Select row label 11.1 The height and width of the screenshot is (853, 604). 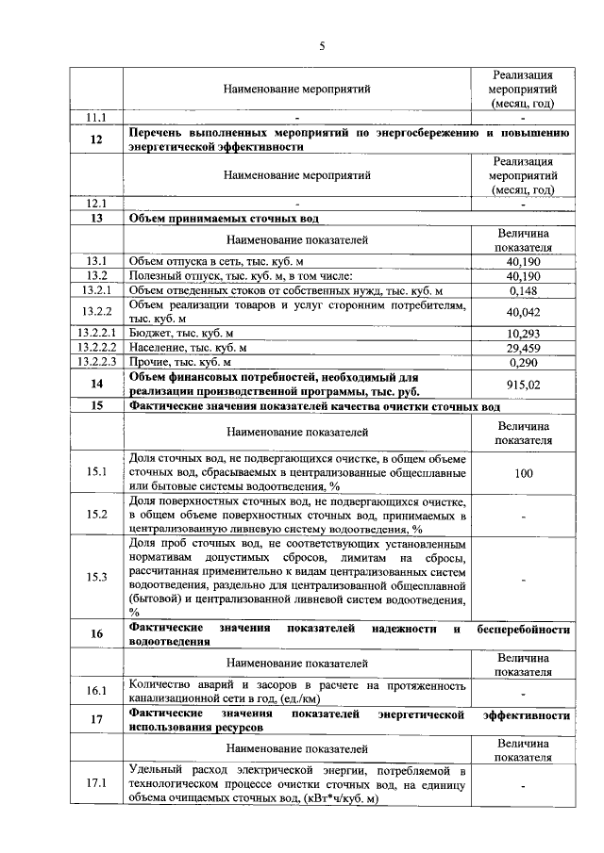(95, 118)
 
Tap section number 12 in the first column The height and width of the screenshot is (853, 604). (95, 140)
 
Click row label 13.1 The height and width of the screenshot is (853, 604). (95, 261)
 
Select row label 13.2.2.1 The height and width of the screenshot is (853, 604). (95, 334)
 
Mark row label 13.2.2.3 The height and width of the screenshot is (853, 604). (95, 362)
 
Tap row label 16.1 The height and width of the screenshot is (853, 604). (95, 691)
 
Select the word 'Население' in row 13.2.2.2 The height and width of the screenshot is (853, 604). (157, 348)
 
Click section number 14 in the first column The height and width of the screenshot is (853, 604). (95, 385)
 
